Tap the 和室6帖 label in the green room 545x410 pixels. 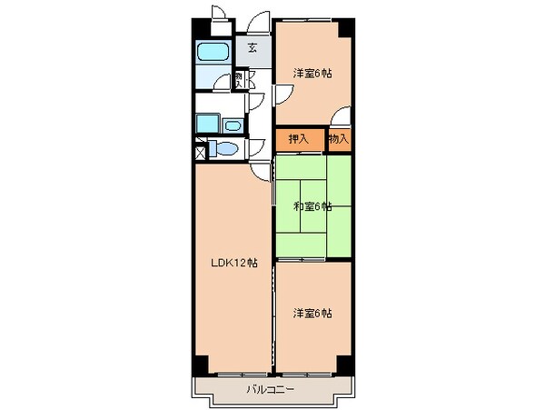[x=312, y=206]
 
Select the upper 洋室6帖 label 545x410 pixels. [x=312, y=73]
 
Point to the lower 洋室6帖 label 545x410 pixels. [x=312, y=314]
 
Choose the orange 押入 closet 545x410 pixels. [x=298, y=139]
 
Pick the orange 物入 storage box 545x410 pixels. [x=338, y=139]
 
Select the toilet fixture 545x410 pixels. [x=223, y=150]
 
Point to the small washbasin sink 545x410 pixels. [x=233, y=125]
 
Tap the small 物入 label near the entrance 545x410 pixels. [x=239, y=82]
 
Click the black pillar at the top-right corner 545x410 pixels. [x=344, y=25]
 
